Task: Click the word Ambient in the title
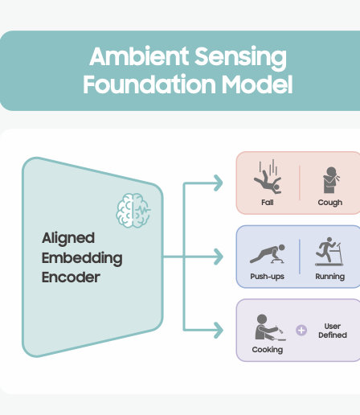click(x=139, y=56)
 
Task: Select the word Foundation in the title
click(x=149, y=84)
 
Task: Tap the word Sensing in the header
click(x=240, y=58)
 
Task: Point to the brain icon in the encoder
click(x=133, y=211)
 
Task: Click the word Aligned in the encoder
click(x=68, y=238)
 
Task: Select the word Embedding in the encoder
click(x=82, y=258)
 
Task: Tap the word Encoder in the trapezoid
click(x=71, y=277)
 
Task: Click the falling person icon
click(x=268, y=177)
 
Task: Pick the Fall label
click(x=268, y=202)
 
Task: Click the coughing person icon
click(x=331, y=180)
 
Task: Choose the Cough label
click(x=330, y=203)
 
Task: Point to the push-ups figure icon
click(x=268, y=253)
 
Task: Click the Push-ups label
click(x=267, y=277)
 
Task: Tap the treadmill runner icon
click(x=329, y=252)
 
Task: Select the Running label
click(x=330, y=277)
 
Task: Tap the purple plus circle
click(x=301, y=331)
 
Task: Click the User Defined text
click(x=333, y=331)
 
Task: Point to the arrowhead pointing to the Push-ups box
click(x=219, y=257)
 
